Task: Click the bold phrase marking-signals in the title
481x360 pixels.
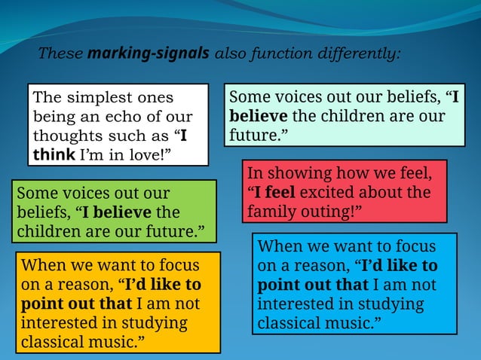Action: pos(149,54)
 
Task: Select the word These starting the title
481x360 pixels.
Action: pos(61,54)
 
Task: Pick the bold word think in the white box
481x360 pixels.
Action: pos(54,156)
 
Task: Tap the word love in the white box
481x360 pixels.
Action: pos(146,156)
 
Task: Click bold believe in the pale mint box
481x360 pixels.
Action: pos(258,117)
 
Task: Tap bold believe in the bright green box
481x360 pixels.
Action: pos(117,212)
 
